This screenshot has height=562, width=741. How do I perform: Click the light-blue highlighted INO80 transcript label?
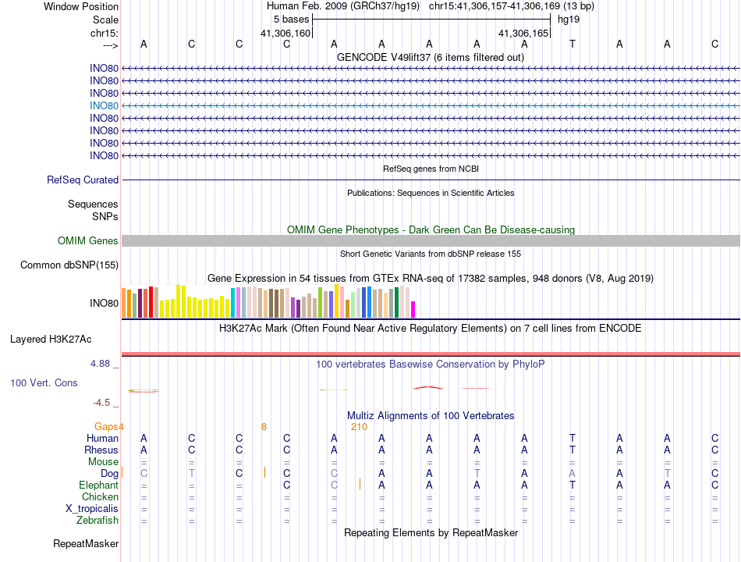click(104, 105)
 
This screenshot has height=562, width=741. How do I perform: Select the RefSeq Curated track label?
click(83, 180)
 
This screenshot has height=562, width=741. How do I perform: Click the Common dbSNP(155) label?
click(69, 265)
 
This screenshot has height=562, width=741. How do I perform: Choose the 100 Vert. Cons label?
click(44, 382)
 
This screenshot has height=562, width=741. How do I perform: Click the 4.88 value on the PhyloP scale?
click(101, 364)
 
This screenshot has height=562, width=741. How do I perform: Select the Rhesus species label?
click(101, 450)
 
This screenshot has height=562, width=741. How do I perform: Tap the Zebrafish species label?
click(97, 520)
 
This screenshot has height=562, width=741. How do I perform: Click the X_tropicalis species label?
click(92, 508)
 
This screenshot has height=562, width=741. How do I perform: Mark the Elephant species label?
click(98, 485)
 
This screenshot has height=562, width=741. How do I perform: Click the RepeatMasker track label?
click(86, 543)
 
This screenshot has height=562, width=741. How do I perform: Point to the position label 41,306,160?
click(285, 33)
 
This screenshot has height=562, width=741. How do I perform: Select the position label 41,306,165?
click(524, 33)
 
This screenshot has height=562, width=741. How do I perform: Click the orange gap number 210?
click(359, 426)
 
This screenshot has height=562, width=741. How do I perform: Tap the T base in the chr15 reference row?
click(572, 44)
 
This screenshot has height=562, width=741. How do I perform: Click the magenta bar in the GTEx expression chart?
click(413, 309)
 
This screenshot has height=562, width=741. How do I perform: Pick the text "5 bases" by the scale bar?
click(291, 19)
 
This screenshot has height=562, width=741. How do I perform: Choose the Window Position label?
click(81, 6)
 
